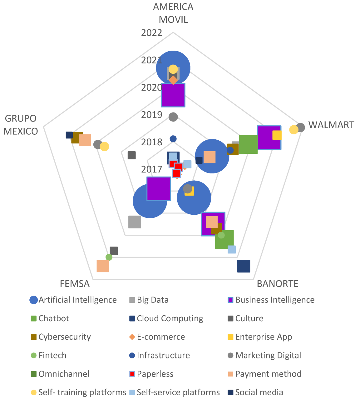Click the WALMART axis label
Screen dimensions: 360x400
click(331, 125)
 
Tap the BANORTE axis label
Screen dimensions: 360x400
click(278, 284)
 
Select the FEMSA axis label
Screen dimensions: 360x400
click(75, 284)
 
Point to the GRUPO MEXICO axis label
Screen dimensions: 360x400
click(21, 125)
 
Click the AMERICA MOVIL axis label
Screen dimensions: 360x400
click(173, 13)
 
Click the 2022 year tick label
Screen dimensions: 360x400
click(152, 33)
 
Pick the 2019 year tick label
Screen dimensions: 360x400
click(152, 115)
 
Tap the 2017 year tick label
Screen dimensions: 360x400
click(152, 169)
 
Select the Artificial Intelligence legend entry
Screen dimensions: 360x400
click(73, 300)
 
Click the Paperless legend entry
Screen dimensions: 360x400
click(151, 374)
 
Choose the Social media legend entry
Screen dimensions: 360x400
click(255, 392)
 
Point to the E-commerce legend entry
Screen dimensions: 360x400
click(157, 337)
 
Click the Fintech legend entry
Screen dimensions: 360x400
click(49, 356)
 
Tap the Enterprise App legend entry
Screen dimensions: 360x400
click(260, 337)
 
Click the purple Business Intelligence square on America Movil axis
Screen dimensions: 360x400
click(173, 95)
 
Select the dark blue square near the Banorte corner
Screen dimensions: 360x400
click(244, 266)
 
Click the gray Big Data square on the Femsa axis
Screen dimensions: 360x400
click(135, 222)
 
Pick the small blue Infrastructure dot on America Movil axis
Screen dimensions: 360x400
click(173, 139)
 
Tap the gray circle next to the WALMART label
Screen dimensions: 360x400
click(300, 127)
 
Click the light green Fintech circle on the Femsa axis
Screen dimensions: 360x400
click(109, 257)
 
